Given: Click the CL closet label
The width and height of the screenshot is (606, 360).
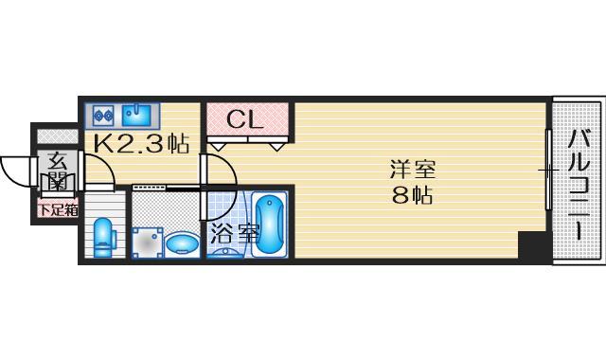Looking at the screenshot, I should pyautogui.click(x=245, y=120).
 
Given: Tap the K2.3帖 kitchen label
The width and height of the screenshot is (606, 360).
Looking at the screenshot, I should pyautogui.click(x=140, y=144).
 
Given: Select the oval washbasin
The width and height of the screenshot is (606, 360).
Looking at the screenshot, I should pyautogui.click(x=181, y=244).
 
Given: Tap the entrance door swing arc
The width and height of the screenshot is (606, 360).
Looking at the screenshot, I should pyautogui.click(x=21, y=171).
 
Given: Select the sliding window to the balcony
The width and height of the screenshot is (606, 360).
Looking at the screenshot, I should pyautogui.click(x=547, y=171).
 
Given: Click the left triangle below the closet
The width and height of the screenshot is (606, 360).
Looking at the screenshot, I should pyautogui.click(x=217, y=146).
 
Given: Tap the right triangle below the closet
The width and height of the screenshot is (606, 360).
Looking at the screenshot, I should pyautogui.click(x=277, y=146).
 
